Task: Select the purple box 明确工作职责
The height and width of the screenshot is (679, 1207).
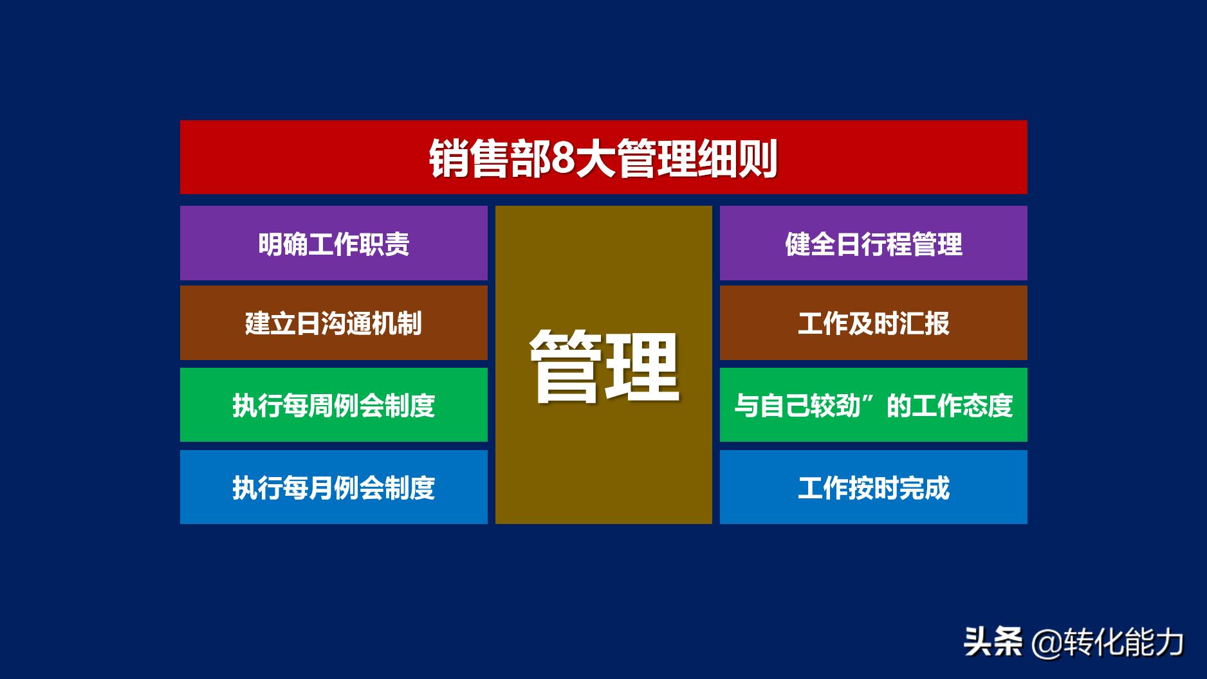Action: pos(333,243)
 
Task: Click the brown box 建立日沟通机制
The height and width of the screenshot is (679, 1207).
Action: pos(333,323)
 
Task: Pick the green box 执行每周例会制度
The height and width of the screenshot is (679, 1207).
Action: pos(333,405)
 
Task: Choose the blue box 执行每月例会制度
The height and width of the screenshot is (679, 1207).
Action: pos(333,487)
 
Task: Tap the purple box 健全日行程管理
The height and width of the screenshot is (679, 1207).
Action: pos(873,243)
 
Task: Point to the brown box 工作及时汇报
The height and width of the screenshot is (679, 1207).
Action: pos(873,323)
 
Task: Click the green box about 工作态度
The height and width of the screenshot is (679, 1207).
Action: pos(873,405)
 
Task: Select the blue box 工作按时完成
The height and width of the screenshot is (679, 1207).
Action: pos(873,487)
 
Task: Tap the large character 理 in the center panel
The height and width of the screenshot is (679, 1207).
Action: pos(643,367)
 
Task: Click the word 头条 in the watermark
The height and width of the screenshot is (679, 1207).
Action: pos(993,642)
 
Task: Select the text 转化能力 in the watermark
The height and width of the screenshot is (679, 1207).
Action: pos(1123,642)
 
